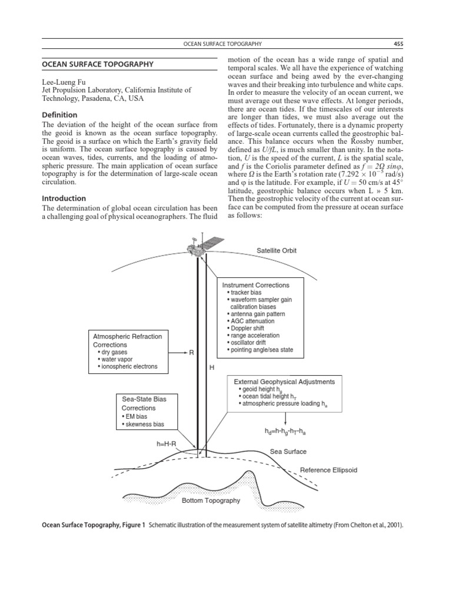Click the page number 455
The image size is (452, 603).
(398, 44)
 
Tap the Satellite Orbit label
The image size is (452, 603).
(277, 251)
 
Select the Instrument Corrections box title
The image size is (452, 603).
(255, 285)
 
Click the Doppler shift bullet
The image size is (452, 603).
(244, 328)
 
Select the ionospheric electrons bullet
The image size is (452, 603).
(128, 367)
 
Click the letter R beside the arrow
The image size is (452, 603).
(191, 353)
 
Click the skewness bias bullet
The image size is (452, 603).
(142, 424)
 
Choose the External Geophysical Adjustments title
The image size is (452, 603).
(284, 382)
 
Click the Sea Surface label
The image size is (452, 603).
(288, 452)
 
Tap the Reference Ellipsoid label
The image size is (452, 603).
(328, 471)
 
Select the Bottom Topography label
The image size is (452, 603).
(211, 501)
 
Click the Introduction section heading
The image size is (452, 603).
(63, 198)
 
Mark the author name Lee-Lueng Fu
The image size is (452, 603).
(64, 82)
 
